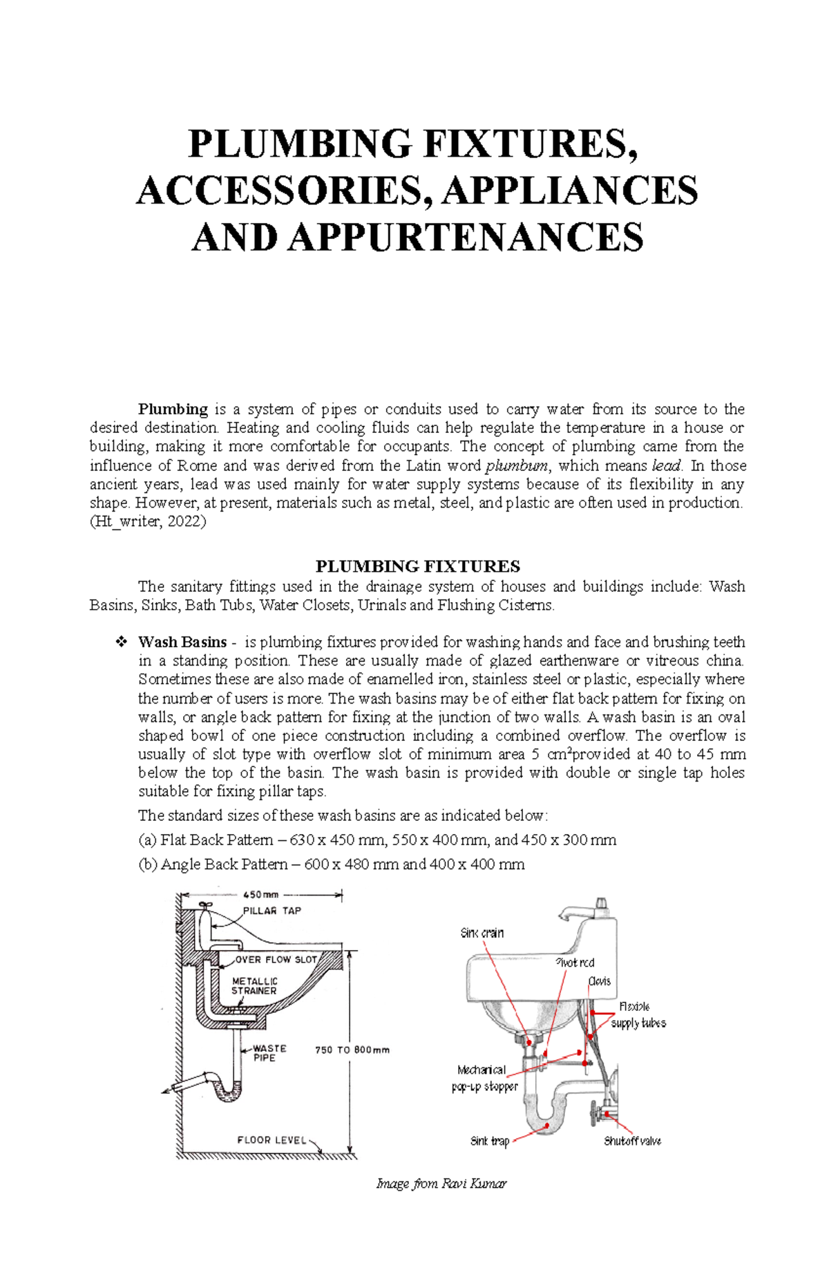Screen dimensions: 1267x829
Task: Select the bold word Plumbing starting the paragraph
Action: [173, 409]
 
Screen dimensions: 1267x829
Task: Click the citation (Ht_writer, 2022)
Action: [148, 522]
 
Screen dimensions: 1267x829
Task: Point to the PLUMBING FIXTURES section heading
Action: [417, 567]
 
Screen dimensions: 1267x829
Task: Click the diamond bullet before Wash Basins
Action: [121, 642]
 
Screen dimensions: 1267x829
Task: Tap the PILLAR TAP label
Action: [271, 911]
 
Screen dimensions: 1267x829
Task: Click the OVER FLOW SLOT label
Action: [276, 959]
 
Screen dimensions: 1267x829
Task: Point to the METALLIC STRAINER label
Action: [254, 986]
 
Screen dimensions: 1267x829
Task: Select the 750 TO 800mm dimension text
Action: [352, 1050]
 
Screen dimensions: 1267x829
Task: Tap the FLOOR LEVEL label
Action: [271, 1140]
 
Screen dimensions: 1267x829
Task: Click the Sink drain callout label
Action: [482, 933]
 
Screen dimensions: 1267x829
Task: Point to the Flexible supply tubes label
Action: [637, 1015]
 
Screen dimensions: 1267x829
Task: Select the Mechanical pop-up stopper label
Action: [484, 1078]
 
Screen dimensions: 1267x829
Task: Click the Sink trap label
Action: [489, 1141]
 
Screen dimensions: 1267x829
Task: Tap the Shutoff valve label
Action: [632, 1141]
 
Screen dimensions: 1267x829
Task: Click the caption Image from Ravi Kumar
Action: [441, 1184]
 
